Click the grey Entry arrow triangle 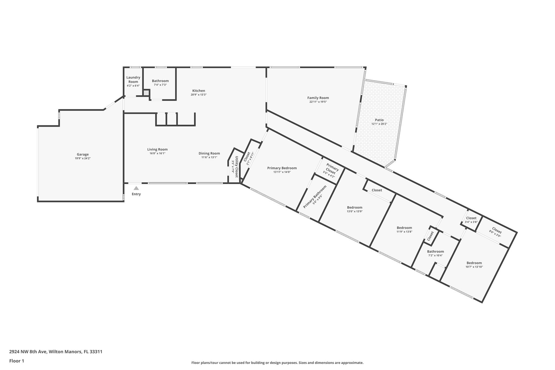coord(136,188)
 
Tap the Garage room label coord(83,155)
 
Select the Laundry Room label coord(133,79)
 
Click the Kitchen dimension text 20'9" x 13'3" coord(199,95)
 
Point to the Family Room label coord(318,98)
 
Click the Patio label coord(379,120)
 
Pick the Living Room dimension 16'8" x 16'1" coord(157,153)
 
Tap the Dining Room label coord(209,153)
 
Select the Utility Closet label coord(236,167)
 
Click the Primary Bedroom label coord(282,168)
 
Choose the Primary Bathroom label coord(315,197)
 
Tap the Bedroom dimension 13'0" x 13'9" coord(354,211)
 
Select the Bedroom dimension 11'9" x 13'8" coord(404,232)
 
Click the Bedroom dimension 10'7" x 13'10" coord(474,267)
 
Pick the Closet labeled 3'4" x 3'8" coord(471,218)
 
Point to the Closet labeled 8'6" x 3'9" coord(496,230)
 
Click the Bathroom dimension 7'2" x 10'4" coord(435,255)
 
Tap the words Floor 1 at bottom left coord(17,361)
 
